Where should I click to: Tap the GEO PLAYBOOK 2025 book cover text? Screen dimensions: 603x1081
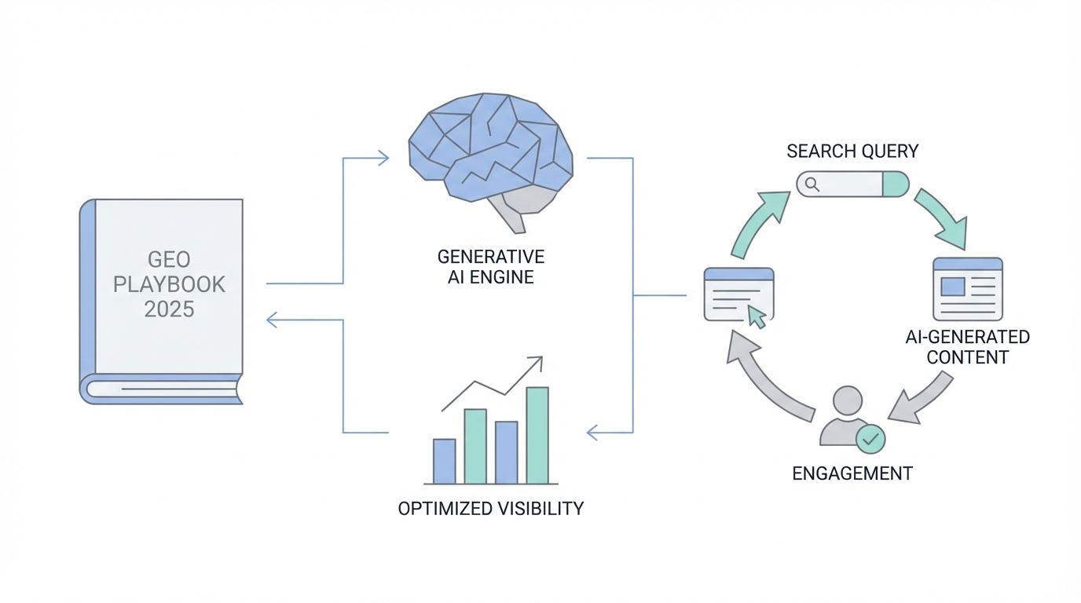pos(169,284)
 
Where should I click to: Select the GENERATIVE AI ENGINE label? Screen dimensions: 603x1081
pos(491,267)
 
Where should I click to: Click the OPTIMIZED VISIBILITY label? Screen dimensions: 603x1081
pos(491,508)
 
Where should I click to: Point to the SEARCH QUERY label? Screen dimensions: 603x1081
pos(852,151)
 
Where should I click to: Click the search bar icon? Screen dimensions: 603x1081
pos(852,185)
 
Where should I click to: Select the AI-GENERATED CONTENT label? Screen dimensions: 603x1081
pos(967,347)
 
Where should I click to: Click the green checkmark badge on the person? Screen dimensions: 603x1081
pos(870,440)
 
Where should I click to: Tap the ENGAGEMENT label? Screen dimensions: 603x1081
pos(852,473)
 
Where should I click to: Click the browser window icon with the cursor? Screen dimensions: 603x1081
pos(738,294)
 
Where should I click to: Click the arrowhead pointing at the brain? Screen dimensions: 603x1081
pos(382,159)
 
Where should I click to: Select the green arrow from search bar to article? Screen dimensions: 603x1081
pos(941,216)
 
